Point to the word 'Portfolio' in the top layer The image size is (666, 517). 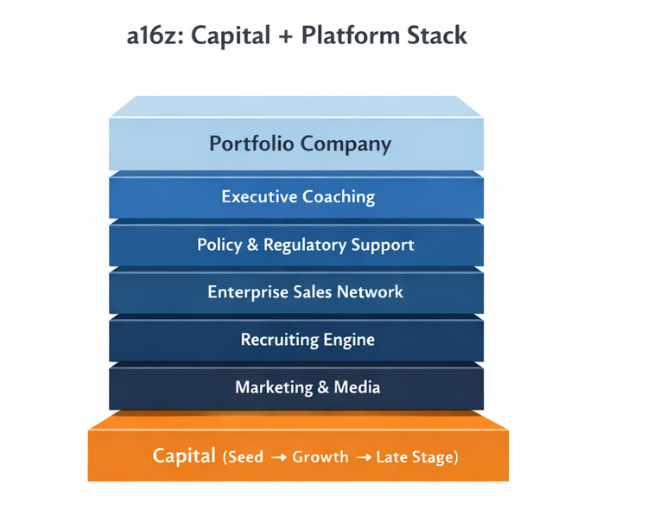[x=250, y=144]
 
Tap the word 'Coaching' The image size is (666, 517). [x=339, y=197]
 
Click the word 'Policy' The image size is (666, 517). [x=219, y=245]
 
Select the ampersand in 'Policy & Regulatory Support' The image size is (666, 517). [x=254, y=245]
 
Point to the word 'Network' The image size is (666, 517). [x=370, y=292]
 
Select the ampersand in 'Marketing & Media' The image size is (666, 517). [x=320, y=387]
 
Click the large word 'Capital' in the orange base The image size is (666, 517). [x=184, y=455]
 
